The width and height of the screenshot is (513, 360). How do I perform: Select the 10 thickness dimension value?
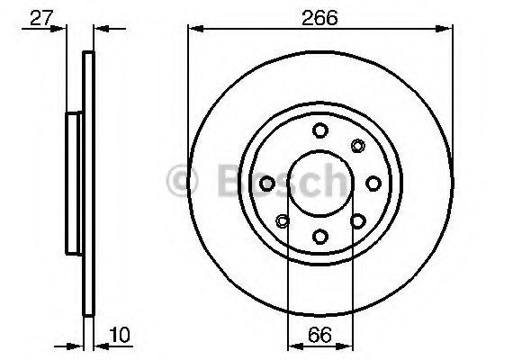tap(118, 336)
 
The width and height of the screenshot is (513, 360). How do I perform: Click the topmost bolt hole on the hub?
tap(319, 130)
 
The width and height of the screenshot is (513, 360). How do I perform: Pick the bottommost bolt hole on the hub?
tap(319, 236)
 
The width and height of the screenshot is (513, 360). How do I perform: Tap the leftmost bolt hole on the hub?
tap(267, 184)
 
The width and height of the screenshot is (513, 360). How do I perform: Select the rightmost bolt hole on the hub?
tap(373, 184)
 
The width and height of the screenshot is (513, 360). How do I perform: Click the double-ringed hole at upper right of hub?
tap(357, 147)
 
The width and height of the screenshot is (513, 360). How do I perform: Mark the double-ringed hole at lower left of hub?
tap(283, 220)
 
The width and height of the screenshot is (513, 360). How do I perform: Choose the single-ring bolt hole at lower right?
tap(357, 220)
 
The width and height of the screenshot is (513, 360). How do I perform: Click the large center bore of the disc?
tap(319, 184)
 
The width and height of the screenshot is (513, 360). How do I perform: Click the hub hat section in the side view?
tap(75, 183)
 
